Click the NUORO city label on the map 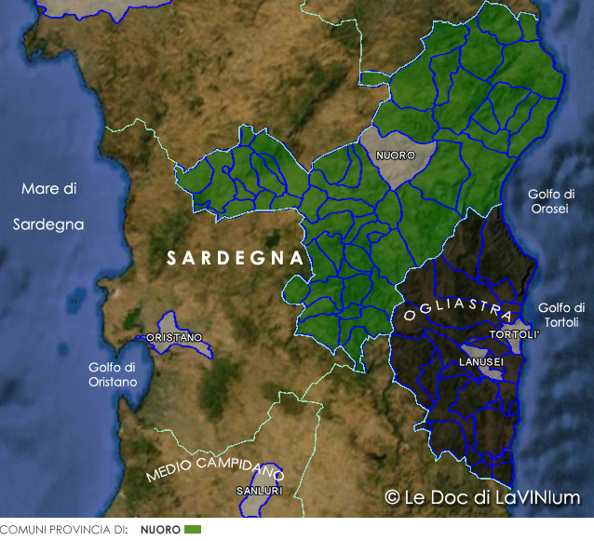(397, 156)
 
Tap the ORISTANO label (173, 337)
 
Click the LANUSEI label (481, 361)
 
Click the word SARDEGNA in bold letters (236, 258)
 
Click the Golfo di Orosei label (551, 201)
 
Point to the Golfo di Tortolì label (561, 315)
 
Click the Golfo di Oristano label (113, 374)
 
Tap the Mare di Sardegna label (48, 206)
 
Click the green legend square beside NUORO (193, 530)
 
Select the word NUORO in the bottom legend (160, 530)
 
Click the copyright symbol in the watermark (392, 497)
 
